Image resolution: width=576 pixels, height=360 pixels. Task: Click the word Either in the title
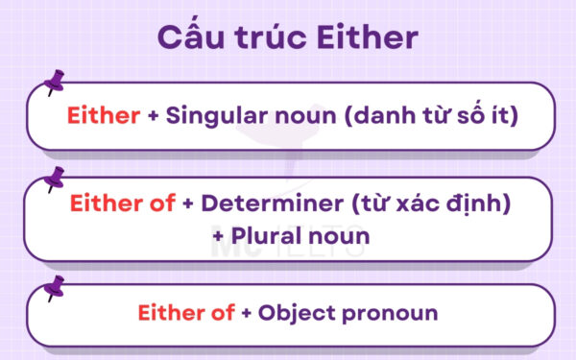369,38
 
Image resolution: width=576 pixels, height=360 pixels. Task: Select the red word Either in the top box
103,117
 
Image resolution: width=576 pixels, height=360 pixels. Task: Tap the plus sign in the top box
153,117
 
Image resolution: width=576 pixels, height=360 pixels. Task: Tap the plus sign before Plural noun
228,234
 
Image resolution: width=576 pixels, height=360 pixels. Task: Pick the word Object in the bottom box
307,314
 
